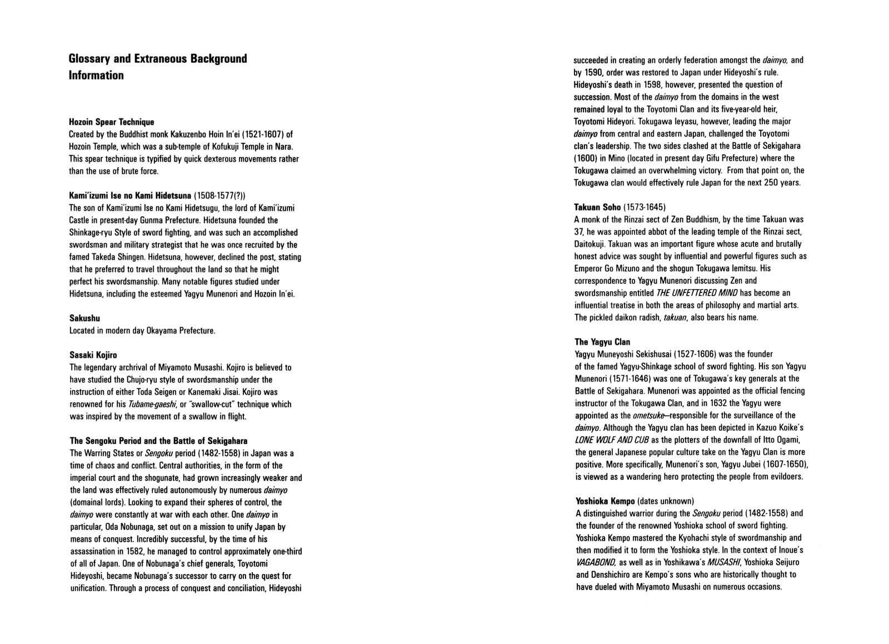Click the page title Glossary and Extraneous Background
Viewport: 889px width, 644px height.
158,59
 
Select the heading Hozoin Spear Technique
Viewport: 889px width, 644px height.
111,122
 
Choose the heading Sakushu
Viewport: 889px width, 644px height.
84,318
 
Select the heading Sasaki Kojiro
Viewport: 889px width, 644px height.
93,355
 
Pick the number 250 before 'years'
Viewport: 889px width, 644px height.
766,182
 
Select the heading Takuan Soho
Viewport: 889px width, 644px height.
597,207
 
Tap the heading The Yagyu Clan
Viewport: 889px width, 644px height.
602,342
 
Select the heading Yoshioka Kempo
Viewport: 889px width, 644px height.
605,501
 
